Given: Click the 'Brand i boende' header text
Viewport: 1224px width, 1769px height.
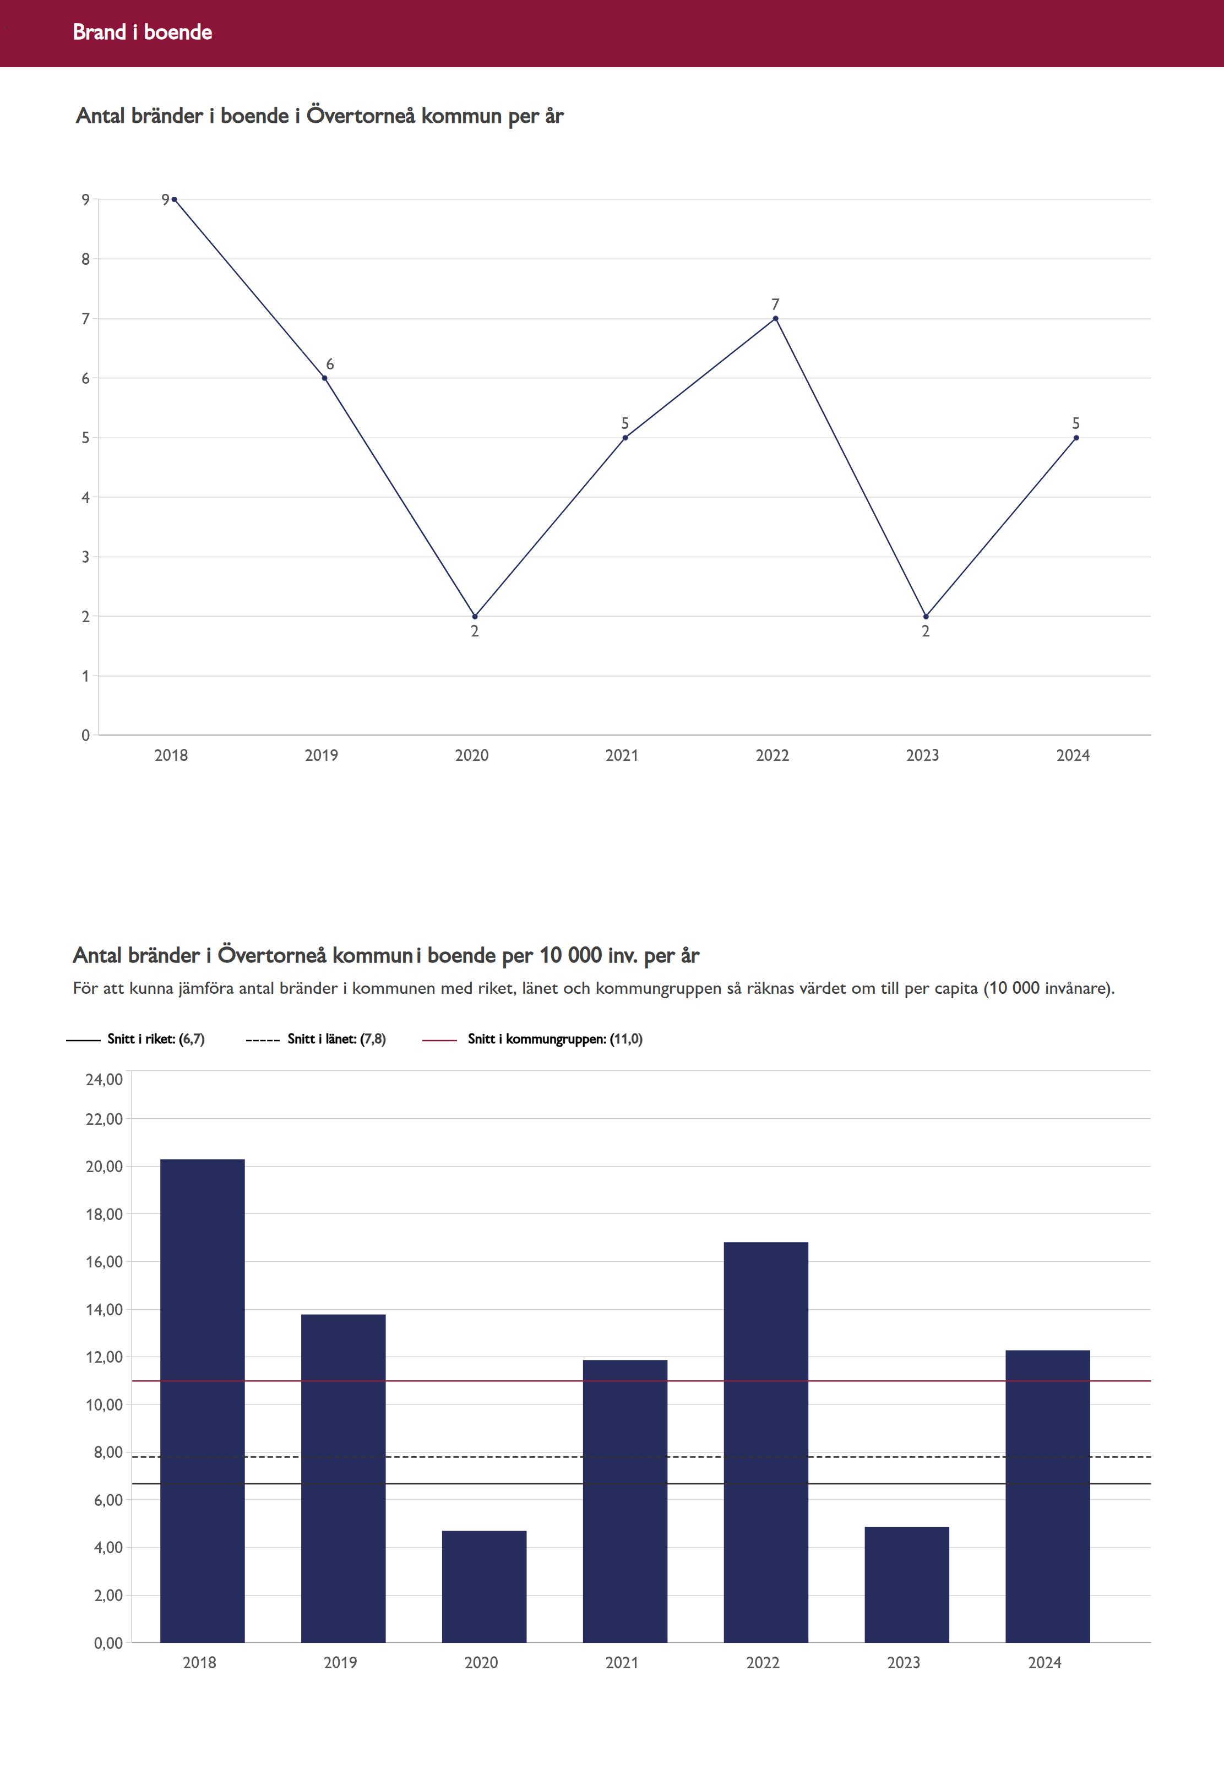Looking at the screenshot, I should tap(142, 32).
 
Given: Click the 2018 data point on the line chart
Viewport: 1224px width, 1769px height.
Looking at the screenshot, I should tap(174, 199).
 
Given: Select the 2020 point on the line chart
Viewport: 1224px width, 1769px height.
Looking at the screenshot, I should tap(475, 617).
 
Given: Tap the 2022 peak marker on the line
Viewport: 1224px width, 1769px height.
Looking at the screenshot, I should tap(775, 318).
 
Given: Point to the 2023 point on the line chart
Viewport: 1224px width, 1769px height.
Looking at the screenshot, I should tap(926, 617).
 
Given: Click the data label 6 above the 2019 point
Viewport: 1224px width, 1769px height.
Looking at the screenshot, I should tap(330, 364).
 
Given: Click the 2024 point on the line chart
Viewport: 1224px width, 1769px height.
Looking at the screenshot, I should tap(1076, 438).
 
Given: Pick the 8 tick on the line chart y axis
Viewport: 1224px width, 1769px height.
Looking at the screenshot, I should tap(86, 259).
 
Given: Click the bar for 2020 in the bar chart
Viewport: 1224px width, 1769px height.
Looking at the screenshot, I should tap(484, 1587).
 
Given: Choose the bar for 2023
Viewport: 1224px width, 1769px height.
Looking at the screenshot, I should tap(906, 1586).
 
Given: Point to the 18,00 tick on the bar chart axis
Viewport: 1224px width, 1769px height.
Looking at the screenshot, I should tap(104, 1214).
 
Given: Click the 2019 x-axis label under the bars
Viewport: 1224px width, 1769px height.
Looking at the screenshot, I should tap(340, 1662).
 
